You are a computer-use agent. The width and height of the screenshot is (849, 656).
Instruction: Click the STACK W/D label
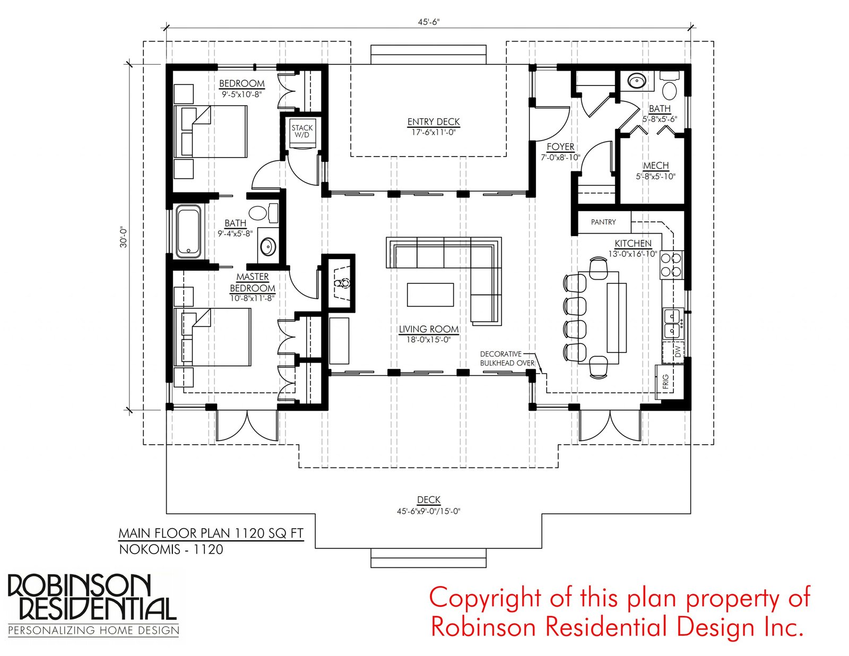[301, 131]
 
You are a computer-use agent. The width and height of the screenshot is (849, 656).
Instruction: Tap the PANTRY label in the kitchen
[603, 222]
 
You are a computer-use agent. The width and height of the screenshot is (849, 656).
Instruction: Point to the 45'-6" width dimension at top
[429, 22]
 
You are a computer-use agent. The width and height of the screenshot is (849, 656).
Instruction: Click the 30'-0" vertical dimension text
[124, 237]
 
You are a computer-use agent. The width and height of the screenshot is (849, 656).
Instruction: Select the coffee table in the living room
[430, 295]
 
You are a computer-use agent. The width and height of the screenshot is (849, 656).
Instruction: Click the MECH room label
[656, 166]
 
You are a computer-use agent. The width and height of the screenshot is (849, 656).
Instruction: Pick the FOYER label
[560, 147]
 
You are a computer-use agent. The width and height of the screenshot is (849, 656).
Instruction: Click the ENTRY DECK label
[434, 122]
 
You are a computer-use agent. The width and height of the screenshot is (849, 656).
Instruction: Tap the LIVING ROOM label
[429, 330]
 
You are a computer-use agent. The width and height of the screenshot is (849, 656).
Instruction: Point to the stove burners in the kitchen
[671, 264]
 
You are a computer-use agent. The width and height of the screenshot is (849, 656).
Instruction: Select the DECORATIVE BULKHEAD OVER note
[507, 358]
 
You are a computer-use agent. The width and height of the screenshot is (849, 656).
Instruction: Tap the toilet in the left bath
[263, 212]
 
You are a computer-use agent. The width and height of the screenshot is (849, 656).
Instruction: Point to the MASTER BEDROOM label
[253, 282]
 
